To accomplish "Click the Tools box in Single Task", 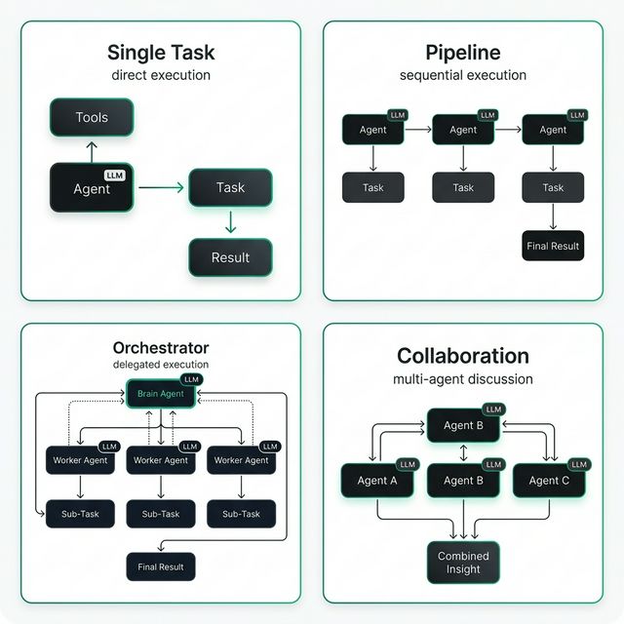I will pos(92,118).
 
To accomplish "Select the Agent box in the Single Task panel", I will pos(92,188).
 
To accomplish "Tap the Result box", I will pos(230,257).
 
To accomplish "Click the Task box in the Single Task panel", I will pos(230,187).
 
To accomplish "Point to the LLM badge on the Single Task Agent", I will pos(115,175).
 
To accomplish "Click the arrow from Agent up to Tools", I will pos(92,150).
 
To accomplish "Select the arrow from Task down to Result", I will pos(230,222).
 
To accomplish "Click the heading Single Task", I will pos(160,52).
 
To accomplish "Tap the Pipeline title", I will pos(462,52).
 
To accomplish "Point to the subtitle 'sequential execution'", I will pos(462,75).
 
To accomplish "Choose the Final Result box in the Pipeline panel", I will pos(553,246).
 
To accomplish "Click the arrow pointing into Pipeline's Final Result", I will pos(553,216).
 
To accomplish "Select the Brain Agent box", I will pos(161,394).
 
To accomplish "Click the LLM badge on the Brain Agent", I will pos(191,379).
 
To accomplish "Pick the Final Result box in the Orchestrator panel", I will pos(161,566).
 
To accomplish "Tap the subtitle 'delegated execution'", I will pos(161,365).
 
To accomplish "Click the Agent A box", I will pos(377,480).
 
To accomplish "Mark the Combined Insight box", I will pos(463,563).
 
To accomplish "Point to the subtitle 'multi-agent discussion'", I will pos(462,379).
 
